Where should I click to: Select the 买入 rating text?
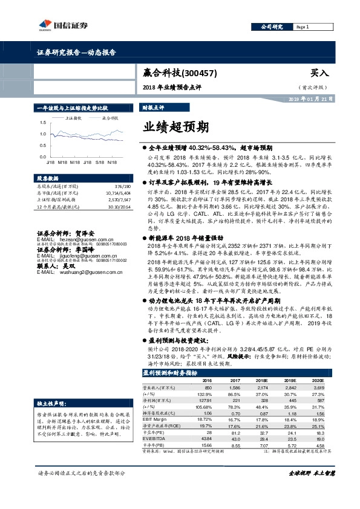(x=319, y=73)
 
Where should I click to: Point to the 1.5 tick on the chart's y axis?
(x=42, y=123)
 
